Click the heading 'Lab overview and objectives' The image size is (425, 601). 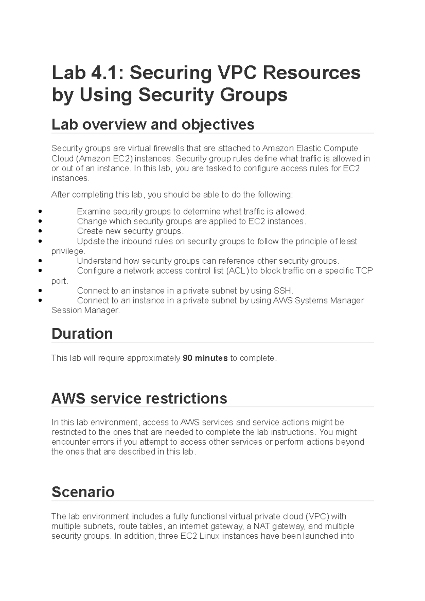(153, 125)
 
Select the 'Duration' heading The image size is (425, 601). (82, 334)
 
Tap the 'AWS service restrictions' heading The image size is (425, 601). (139, 399)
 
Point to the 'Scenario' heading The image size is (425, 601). (83, 492)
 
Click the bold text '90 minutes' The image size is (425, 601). (205, 358)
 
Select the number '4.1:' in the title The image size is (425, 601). (108, 73)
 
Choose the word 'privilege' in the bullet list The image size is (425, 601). (68, 251)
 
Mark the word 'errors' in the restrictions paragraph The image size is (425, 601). (103, 442)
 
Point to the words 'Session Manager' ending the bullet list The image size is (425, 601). (85, 311)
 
